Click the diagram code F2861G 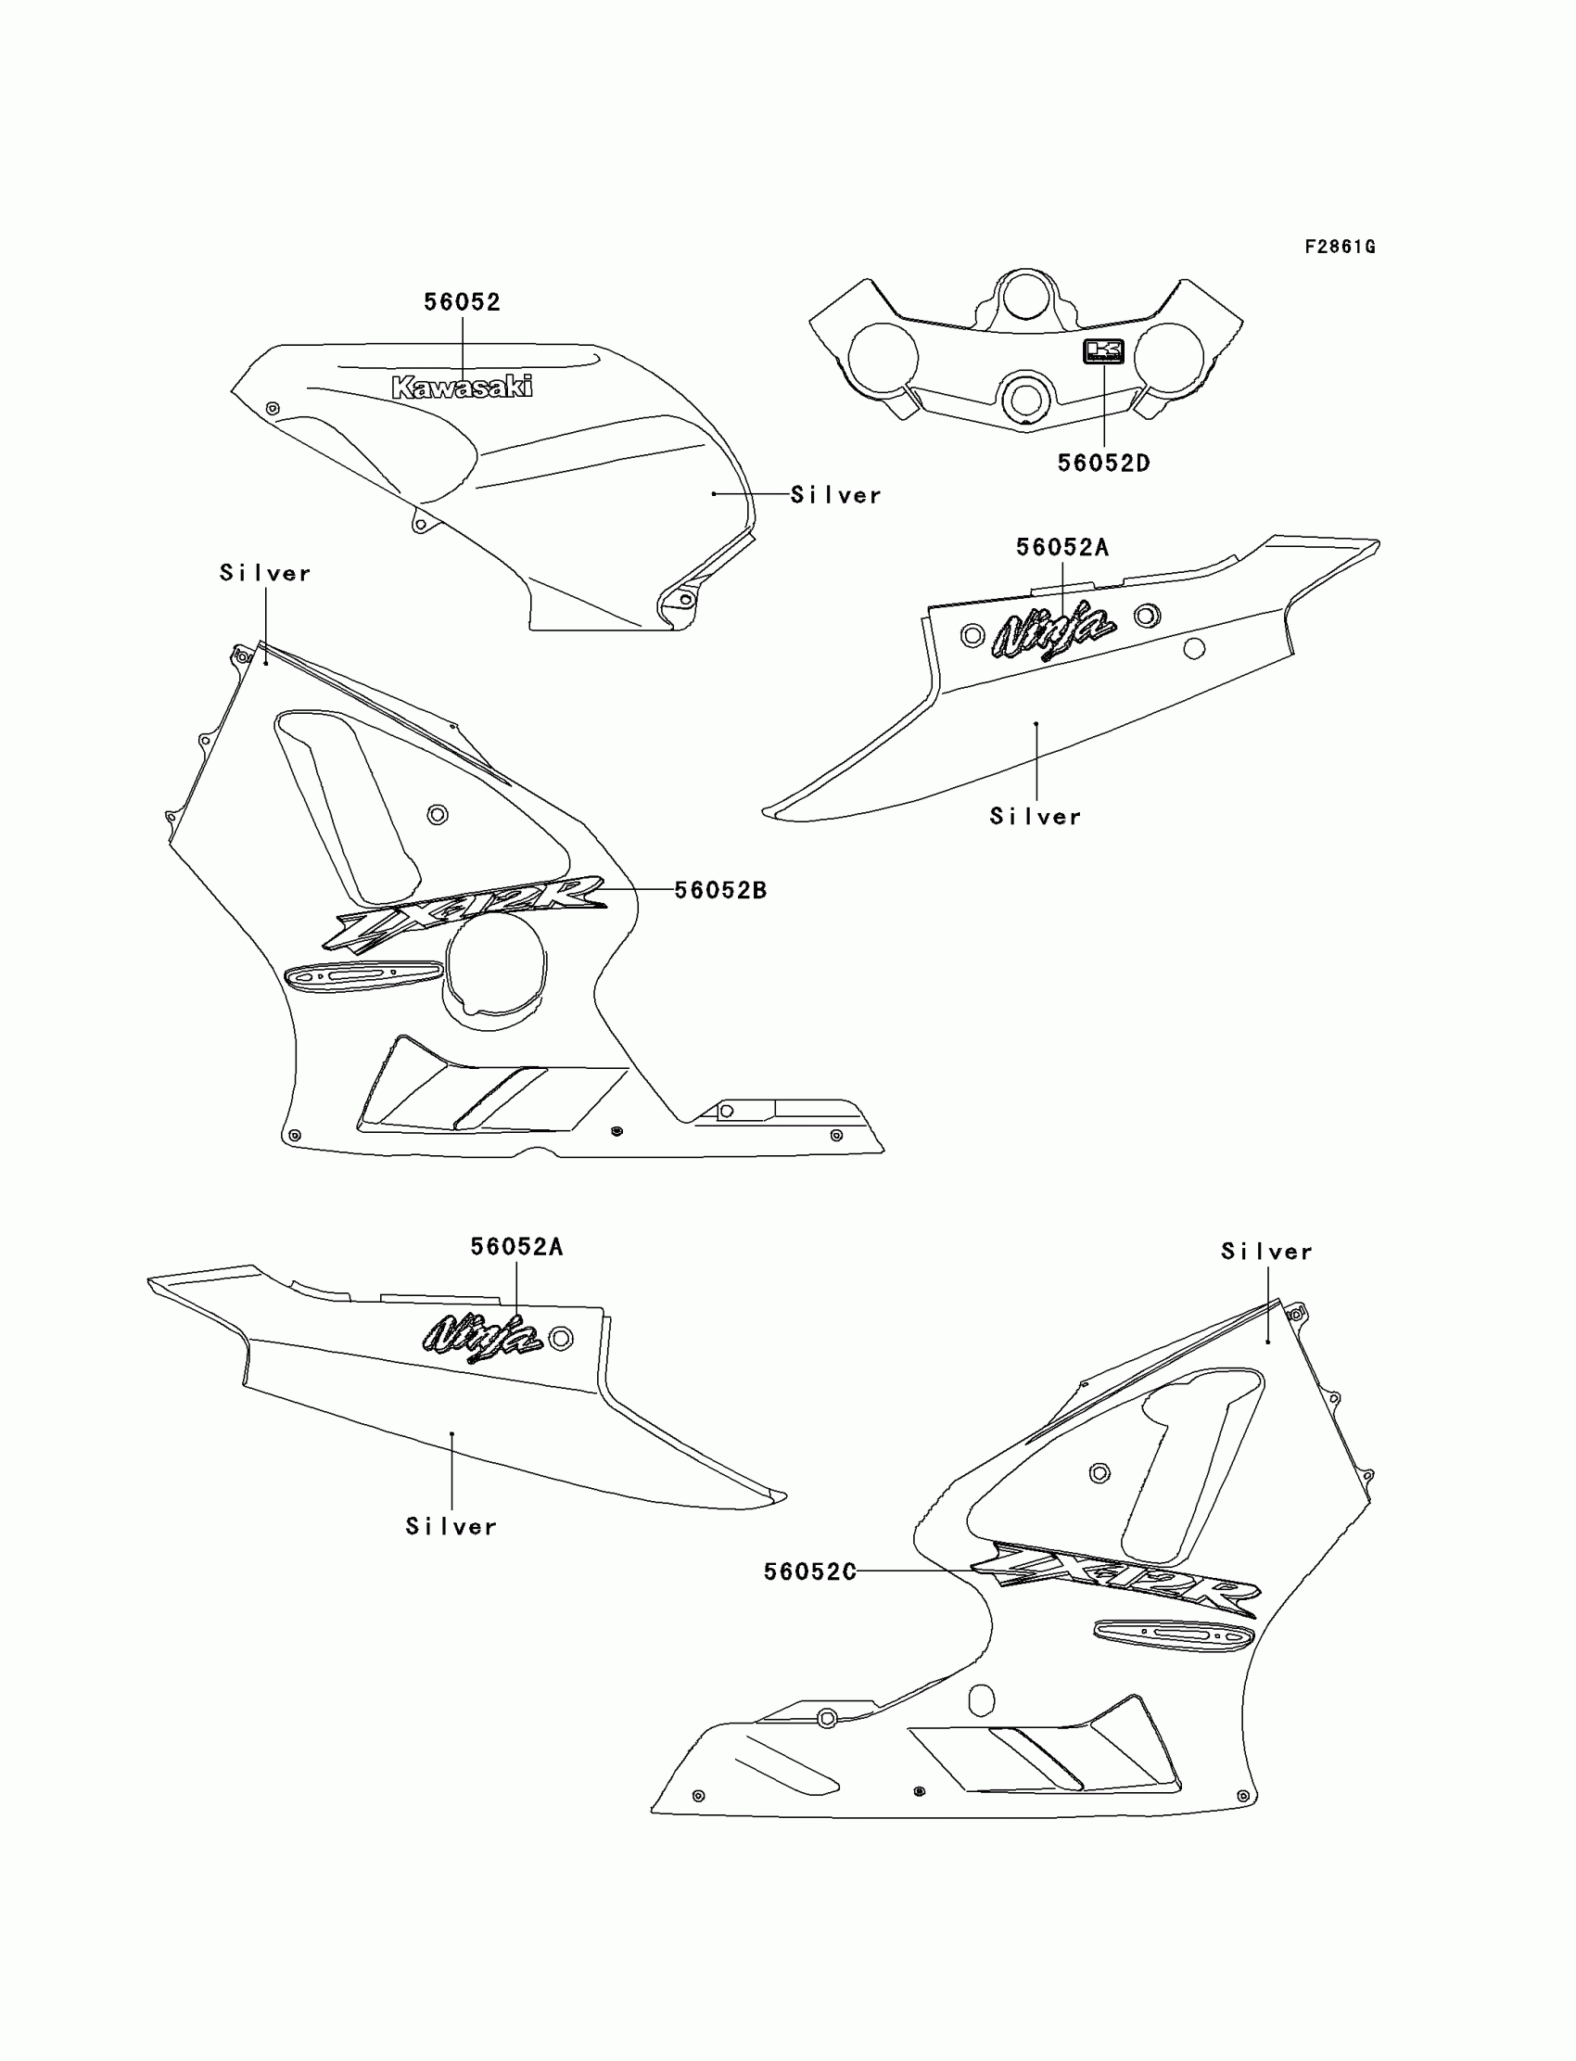click(x=1340, y=247)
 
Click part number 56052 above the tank click(x=463, y=302)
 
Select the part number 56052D click(x=1103, y=464)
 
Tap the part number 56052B click(x=720, y=890)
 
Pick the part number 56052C click(x=809, y=1572)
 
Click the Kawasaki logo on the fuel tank click(x=463, y=387)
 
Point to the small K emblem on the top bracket click(x=1103, y=351)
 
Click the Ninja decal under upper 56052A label click(x=1054, y=630)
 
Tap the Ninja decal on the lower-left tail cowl click(x=482, y=1333)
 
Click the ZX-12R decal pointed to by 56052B click(x=465, y=912)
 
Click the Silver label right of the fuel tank click(x=836, y=495)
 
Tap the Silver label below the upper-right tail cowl click(x=1036, y=817)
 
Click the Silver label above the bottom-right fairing click(x=1266, y=1252)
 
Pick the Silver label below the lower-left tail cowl click(x=451, y=1527)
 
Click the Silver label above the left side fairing click(x=264, y=573)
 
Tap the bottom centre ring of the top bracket click(x=1025, y=399)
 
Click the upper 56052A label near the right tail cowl click(x=1061, y=548)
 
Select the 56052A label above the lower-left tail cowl click(x=516, y=1247)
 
